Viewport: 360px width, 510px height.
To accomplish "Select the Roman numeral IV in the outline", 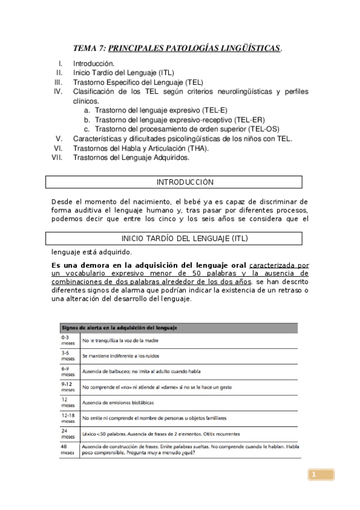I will (58, 91).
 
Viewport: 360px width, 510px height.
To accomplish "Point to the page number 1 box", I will (322, 475).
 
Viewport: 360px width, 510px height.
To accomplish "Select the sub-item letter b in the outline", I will (87, 120).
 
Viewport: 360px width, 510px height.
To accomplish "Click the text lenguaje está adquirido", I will (91, 252).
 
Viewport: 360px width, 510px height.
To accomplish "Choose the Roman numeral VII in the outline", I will (58, 158).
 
